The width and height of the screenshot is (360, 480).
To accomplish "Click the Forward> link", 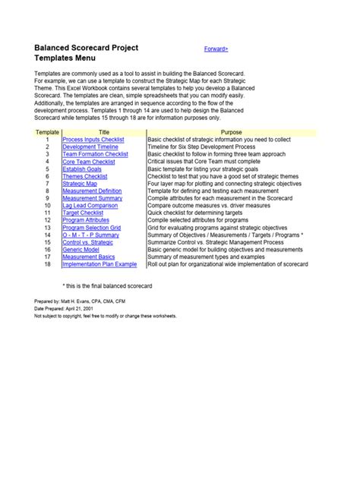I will point(216,49).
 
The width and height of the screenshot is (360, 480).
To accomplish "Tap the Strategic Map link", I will point(79,184).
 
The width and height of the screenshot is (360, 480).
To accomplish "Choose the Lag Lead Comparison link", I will point(90,205).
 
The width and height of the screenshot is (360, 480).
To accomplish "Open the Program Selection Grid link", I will point(91,227).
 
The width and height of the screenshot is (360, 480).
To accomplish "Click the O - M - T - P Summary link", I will point(90,235).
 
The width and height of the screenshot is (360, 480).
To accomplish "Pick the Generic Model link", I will point(81,249).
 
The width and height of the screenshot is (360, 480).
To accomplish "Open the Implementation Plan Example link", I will point(99,264).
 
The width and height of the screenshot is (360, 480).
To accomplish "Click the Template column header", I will point(47,133).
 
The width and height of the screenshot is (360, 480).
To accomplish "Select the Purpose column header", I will point(231,133).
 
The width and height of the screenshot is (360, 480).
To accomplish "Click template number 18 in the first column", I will point(47,264).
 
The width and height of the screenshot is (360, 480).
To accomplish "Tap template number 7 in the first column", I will point(47,184).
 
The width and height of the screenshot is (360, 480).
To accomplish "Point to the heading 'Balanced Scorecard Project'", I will point(86,48).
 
